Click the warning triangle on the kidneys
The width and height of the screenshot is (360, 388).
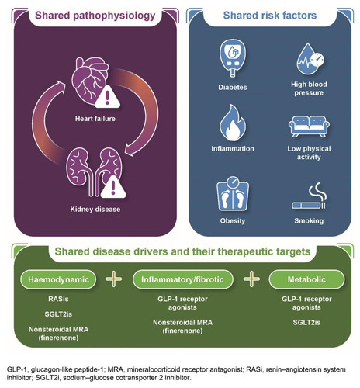[113, 187]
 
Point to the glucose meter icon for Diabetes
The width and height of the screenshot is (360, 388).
[233, 58]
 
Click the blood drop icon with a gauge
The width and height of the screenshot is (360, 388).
[310, 59]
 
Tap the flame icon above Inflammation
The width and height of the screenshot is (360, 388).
[233, 123]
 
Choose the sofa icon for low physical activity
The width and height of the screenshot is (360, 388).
[309, 126]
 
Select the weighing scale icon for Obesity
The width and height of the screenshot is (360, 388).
[233, 194]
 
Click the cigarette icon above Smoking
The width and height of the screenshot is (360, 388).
[309, 196]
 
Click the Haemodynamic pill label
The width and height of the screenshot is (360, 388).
[58, 279]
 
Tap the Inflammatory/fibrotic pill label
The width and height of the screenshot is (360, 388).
[182, 279]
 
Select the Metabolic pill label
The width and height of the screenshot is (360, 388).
[306, 279]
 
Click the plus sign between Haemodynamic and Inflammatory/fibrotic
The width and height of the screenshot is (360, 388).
[114, 279]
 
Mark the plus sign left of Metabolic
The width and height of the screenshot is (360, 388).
[251, 279]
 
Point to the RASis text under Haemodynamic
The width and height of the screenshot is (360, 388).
[58, 299]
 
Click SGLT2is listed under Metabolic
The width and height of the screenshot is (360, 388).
[306, 323]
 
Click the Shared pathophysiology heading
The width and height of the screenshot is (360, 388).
[95, 16]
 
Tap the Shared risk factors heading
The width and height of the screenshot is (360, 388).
[270, 16]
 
